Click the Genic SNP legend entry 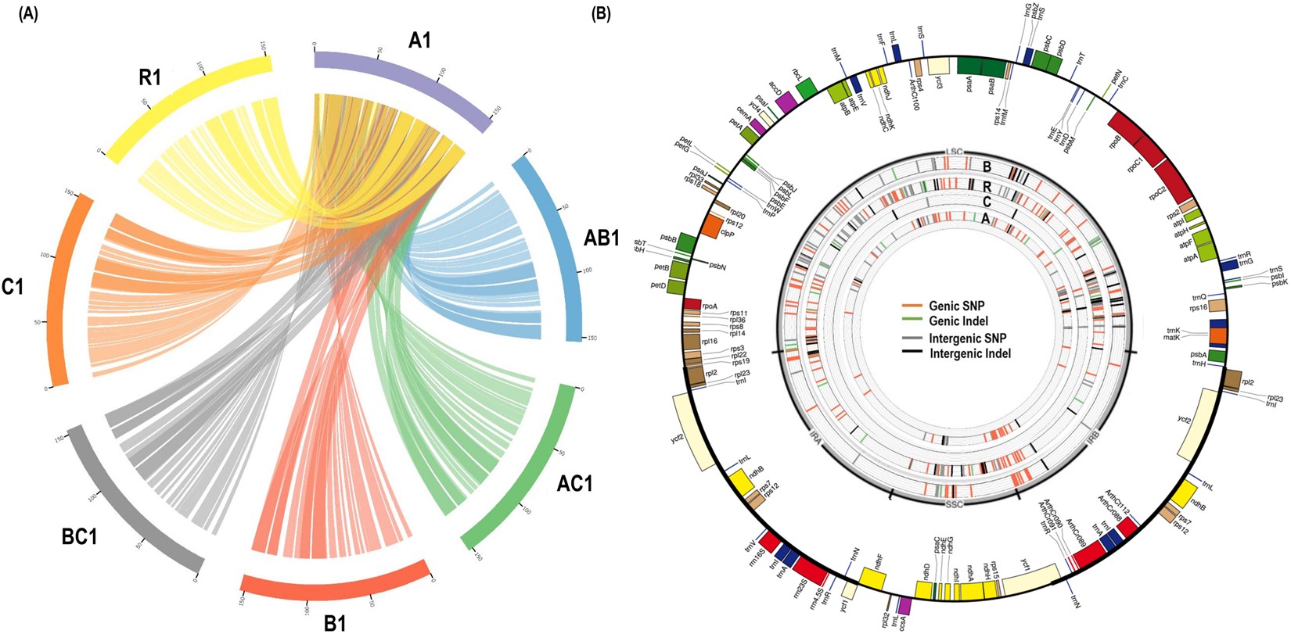click(x=958, y=306)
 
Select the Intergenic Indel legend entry click(x=969, y=353)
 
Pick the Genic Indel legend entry click(x=958, y=321)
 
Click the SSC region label click(x=955, y=504)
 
